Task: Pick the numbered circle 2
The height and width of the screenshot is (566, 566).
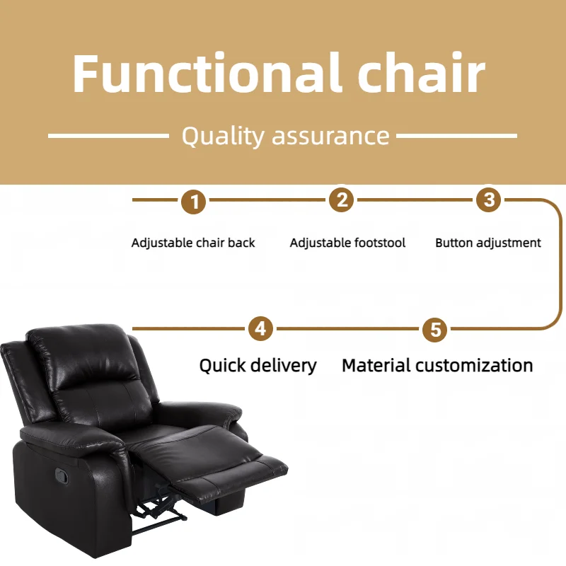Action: pyautogui.click(x=342, y=200)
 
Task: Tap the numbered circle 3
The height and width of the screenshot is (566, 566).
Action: pyautogui.click(x=487, y=200)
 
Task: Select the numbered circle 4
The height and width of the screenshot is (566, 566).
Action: pyautogui.click(x=260, y=329)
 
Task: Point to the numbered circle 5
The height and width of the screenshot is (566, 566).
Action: pyautogui.click(x=434, y=329)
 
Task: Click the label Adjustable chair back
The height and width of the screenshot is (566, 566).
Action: pyautogui.click(x=193, y=243)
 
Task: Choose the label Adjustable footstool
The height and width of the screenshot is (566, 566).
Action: pyautogui.click(x=347, y=243)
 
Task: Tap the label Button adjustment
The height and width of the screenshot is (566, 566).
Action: pyautogui.click(x=488, y=243)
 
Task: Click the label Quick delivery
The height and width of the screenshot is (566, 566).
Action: pyautogui.click(x=258, y=365)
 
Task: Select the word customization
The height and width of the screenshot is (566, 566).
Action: pyautogui.click(x=474, y=365)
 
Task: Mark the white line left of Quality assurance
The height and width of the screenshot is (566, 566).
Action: pyautogui.click(x=108, y=135)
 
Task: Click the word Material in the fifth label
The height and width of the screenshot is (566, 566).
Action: pyautogui.click(x=376, y=365)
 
